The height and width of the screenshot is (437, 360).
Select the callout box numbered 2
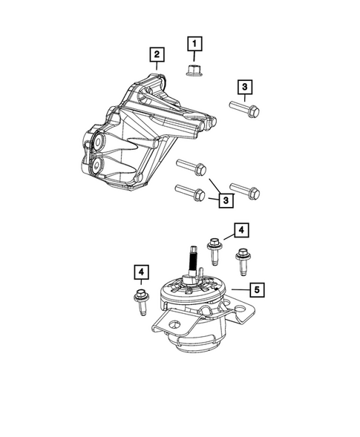pos(156,54)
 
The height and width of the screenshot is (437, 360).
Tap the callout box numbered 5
pos(255,289)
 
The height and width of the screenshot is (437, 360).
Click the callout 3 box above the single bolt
pos(244,87)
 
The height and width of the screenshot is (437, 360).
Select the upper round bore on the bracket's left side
pos(98,141)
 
